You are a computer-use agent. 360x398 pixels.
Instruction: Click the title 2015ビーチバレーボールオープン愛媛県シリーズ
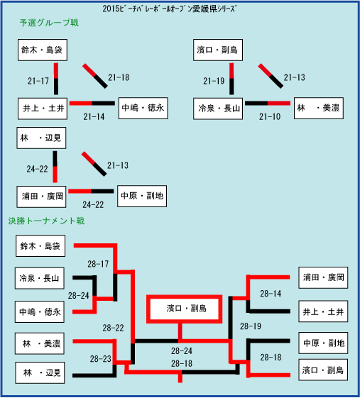click(169, 9)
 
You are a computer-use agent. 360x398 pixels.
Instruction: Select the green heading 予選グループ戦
click(49, 23)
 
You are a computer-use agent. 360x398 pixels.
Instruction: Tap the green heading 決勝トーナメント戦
click(46, 221)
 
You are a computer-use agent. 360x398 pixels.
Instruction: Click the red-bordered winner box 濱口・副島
click(184, 309)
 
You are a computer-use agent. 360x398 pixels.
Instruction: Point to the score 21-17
click(38, 81)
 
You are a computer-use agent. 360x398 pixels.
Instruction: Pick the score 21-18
click(119, 77)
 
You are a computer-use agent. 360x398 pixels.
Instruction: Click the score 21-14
click(94, 117)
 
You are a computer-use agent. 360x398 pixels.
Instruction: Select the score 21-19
click(214, 81)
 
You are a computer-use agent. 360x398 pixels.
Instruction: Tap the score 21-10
click(270, 117)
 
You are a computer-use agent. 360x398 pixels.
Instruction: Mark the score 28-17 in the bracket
click(98, 264)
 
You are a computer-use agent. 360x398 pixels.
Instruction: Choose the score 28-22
click(113, 328)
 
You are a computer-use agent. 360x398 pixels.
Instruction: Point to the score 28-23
click(101, 359)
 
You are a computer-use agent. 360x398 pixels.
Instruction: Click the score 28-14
click(271, 294)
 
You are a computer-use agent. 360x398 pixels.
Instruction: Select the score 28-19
click(251, 326)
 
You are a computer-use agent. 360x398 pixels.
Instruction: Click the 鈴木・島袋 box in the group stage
click(43, 50)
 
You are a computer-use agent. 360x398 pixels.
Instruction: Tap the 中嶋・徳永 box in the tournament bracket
click(40, 312)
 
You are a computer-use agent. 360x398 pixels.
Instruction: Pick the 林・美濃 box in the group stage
click(319, 108)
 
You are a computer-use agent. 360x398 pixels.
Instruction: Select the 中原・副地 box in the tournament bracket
click(323, 343)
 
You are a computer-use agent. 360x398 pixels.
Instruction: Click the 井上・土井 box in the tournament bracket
click(323, 311)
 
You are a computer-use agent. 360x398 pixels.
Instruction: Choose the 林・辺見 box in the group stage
click(41, 138)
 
